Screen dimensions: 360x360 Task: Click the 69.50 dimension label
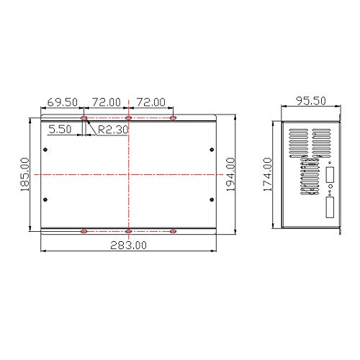(x=63, y=103)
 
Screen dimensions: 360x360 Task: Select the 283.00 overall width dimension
(x=129, y=245)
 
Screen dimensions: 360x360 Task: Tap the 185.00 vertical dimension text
(x=24, y=175)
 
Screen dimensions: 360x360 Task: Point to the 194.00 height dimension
(x=232, y=174)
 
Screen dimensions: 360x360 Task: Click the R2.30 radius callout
(x=113, y=130)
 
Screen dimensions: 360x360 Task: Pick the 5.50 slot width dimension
(x=60, y=130)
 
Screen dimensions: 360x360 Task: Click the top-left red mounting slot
(x=84, y=117)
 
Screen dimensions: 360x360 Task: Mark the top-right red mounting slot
(x=173, y=117)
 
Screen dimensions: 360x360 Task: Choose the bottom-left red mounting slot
(x=84, y=231)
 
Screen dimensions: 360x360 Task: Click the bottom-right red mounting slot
(x=173, y=231)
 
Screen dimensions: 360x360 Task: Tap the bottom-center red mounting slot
(x=129, y=231)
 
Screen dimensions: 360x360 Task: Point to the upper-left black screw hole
(x=46, y=150)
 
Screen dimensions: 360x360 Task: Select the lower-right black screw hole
(x=211, y=199)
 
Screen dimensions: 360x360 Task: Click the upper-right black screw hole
(x=211, y=150)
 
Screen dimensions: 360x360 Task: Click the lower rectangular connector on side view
(x=330, y=209)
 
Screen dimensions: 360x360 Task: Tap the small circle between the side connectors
(x=330, y=192)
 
